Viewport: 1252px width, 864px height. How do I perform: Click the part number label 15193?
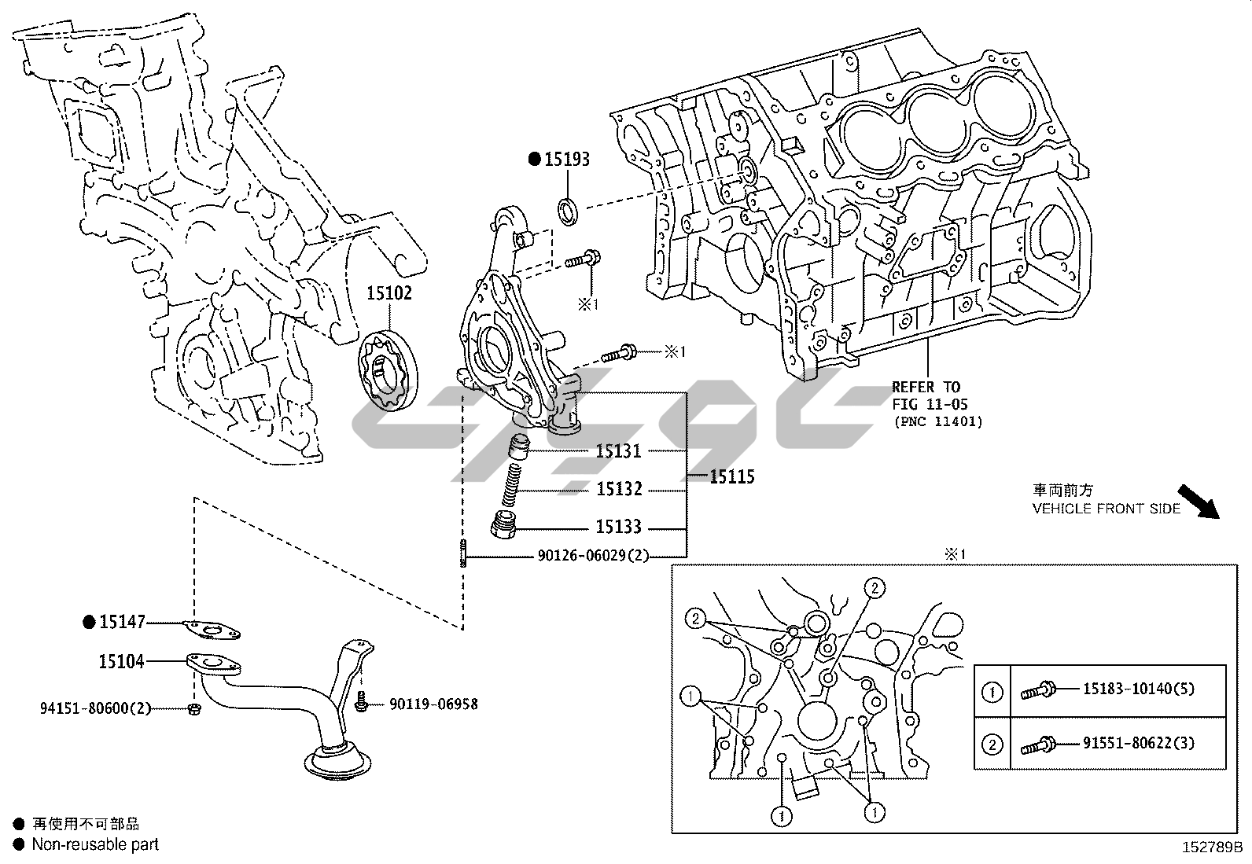tap(567, 160)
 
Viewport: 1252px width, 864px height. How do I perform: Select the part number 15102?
tap(388, 293)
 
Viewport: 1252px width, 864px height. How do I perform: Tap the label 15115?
tap(731, 477)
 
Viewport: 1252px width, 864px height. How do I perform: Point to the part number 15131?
tap(618, 451)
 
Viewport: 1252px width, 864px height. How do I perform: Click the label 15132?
tap(619, 490)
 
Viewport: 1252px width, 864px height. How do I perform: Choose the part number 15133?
tap(618, 527)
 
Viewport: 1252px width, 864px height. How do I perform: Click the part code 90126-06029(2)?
tap(594, 556)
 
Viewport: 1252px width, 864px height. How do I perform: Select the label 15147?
tap(123, 622)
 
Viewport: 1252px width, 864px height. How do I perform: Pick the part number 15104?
tap(121, 662)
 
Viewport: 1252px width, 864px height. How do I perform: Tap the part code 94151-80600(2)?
tap(95, 708)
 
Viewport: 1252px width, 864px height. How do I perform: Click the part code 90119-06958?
tap(433, 704)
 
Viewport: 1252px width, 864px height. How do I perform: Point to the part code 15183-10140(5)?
tap(1138, 689)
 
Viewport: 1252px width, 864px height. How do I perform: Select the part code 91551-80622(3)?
tap(1138, 742)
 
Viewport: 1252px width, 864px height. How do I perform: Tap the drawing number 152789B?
tap(1211, 848)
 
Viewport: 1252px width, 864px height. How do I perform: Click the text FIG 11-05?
tap(930, 404)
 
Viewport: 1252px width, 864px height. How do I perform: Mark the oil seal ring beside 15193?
tap(569, 211)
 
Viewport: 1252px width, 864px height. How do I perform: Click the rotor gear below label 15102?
tap(388, 370)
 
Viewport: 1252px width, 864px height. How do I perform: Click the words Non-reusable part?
tap(95, 844)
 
